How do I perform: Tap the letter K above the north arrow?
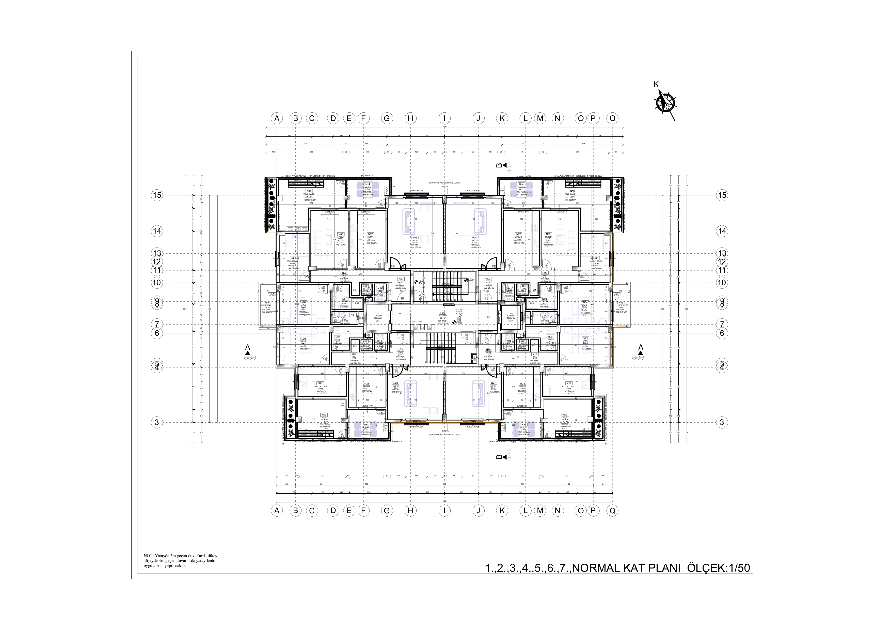656,84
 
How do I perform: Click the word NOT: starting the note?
148,556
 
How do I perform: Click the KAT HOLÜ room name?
442,316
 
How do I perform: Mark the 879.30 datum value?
459,323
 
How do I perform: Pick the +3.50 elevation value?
459,321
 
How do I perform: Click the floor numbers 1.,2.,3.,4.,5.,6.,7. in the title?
528,568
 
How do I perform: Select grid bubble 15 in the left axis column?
157,195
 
